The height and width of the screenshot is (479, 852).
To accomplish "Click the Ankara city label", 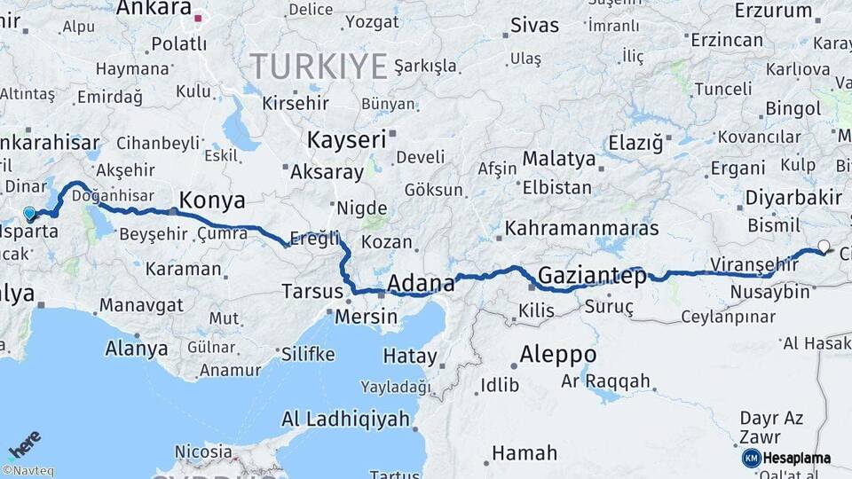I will coord(154,9).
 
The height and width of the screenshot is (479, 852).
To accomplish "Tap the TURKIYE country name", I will coord(319,67).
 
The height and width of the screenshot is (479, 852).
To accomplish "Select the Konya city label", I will coord(212,200).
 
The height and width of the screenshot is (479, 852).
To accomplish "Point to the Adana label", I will coord(422,284).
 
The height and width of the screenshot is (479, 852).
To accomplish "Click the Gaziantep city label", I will coord(592,275).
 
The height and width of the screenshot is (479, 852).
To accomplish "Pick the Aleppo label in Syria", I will coord(557,355).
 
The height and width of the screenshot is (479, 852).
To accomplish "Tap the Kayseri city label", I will coord(347,140).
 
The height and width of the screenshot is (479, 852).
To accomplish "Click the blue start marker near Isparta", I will coord(29,214).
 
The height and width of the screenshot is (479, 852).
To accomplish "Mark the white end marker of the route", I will coord(824,247).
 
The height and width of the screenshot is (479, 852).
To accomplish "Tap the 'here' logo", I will coord(24,444).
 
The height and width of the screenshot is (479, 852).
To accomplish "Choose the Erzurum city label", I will coord(774,12).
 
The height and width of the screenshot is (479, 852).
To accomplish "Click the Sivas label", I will coord(532,24).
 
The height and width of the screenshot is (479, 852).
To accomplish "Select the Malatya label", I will coord(558,160).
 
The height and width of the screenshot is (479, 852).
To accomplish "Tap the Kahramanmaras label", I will coord(582,229).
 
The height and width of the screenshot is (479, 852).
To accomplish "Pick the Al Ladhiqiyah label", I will coord(345,419).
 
